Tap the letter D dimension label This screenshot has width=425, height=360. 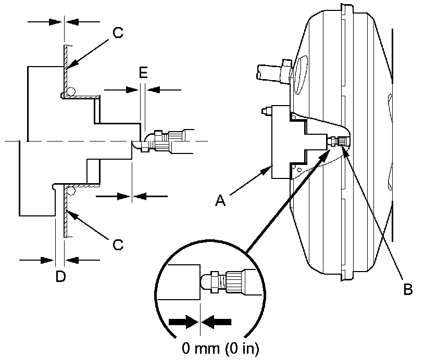[x=60, y=277]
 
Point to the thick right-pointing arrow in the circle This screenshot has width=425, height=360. [x=184, y=323]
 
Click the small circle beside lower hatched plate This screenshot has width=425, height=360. [x=70, y=192]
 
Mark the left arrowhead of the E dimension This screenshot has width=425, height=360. [x=133, y=89]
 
